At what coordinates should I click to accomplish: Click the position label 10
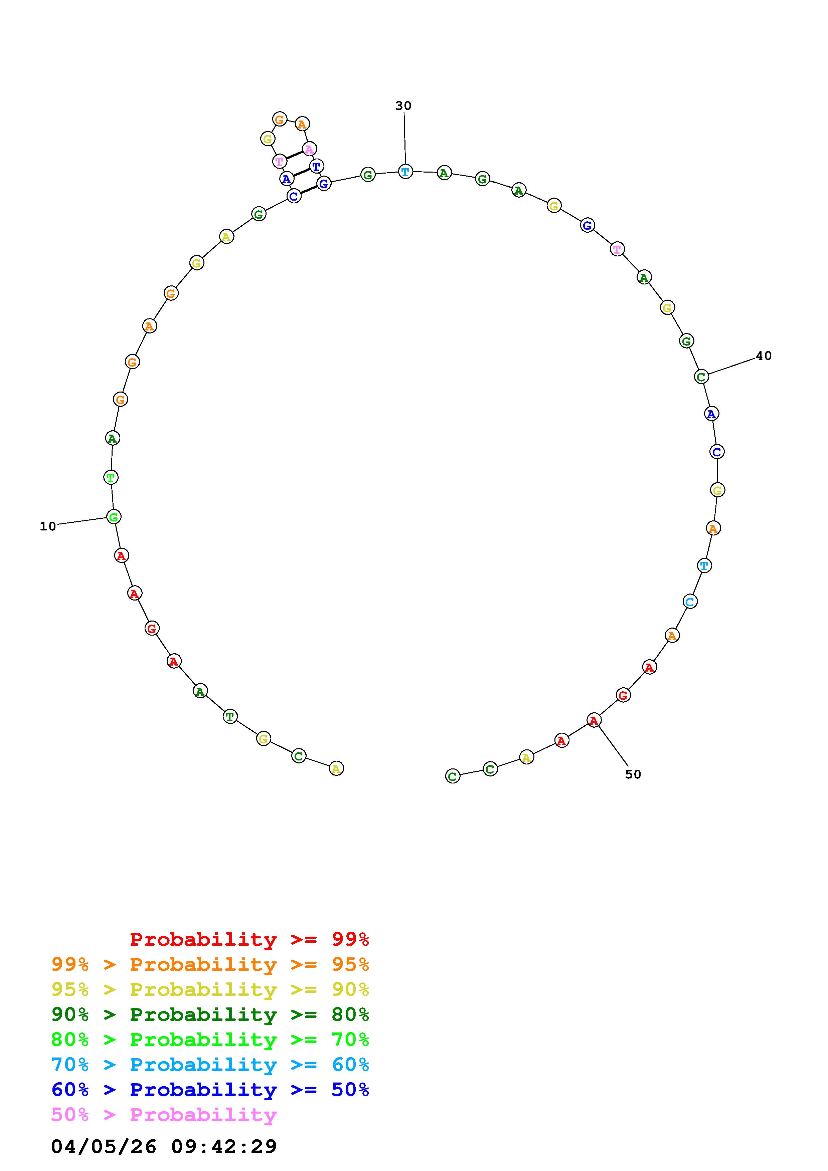[48, 526]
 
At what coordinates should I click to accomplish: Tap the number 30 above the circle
[403, 105]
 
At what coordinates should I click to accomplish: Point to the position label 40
[764, 356]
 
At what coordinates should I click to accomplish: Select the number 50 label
[633, 774]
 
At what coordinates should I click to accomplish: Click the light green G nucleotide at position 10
[114, 517]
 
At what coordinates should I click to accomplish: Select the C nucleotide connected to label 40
[701, 377]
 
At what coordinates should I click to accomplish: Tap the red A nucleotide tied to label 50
[594, 720]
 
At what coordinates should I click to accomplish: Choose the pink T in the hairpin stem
[279, 162]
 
